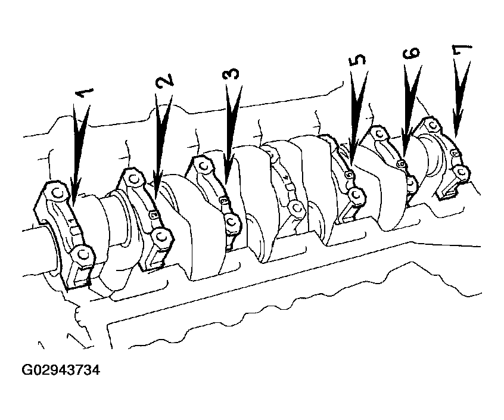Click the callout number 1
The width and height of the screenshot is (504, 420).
[x=85, y=93]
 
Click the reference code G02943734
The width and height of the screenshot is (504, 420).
[x=61, y=370]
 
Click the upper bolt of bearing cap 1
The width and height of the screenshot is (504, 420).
[x=58, y=194]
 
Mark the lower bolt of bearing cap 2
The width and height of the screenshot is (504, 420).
[x=161, y=238]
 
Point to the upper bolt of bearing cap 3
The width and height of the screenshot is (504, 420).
[x=204, y=166]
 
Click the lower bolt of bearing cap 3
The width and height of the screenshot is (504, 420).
[x=231, y=222]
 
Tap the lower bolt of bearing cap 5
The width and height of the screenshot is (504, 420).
[x=356, y=194]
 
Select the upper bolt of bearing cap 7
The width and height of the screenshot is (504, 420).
[x=433, y=124]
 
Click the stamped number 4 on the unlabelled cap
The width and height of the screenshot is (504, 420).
[x=287, y=178]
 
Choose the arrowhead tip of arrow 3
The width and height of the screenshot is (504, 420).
[x=226, y=184]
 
